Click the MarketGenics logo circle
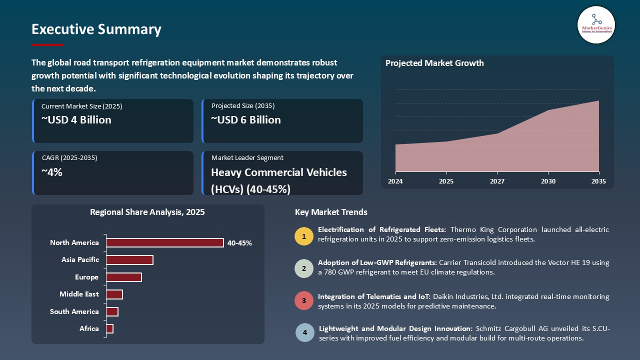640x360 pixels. click(x=596, y=24)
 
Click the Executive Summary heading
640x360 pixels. click(x=96, y=29)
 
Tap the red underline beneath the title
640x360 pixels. click(x=48, y=45)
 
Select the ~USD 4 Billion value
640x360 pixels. click(x=76, y=120)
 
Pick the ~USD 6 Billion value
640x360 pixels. click(x=245, y=120)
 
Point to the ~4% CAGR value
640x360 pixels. click(x=52, y=172)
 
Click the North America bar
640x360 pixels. click(x=164, y=242)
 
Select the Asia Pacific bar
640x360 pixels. click(x=129, y=260)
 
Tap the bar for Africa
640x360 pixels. click(x=109, y=328)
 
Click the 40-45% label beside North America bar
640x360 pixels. click(x=239, y=243)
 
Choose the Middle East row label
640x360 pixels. click(x=79, y=294)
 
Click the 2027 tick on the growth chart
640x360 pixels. click(x=497, y=181)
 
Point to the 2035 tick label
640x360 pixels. click(x=598, y=181)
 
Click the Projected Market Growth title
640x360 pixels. click(x=434, y=63)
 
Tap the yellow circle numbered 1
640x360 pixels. click(x=303, y=235)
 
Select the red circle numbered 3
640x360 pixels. click(x=303, y=301)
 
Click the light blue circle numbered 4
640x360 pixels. click(x=304, y=332)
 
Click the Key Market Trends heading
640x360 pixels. click(x=331, y=212)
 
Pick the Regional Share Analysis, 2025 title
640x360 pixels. click(x=147, y=212)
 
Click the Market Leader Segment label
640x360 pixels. click(x=247, y=157)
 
